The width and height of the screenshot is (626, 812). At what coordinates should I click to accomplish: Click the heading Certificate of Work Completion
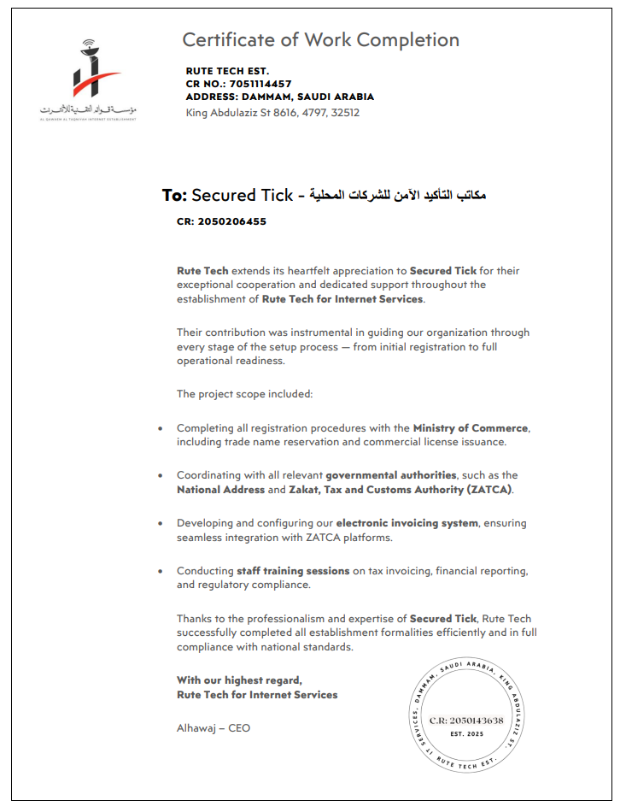320,40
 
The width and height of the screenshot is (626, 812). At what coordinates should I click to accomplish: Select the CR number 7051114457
260,84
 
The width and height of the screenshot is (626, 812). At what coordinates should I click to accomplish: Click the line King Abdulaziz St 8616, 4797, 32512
272,112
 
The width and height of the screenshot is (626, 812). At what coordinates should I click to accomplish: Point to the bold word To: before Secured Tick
174,196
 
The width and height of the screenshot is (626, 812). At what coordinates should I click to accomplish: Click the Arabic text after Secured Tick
401,196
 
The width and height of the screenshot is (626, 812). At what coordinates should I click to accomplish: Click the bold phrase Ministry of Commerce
471,427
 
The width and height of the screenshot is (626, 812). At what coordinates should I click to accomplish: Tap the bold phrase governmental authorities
391,475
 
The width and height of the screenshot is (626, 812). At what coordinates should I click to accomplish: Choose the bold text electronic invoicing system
407,523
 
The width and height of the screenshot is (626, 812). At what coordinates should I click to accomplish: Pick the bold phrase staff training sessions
293,571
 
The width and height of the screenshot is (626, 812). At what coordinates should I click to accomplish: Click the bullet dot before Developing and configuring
161,523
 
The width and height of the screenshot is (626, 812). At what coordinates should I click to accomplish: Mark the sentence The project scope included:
245,394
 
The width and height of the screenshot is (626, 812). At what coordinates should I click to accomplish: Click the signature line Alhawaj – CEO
214,728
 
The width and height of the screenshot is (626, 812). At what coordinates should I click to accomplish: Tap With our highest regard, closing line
239,680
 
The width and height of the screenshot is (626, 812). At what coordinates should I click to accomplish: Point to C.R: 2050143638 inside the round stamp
466,721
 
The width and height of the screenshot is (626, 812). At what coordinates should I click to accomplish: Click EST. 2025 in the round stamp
466,734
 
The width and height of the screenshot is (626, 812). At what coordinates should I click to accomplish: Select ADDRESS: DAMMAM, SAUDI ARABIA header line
279,97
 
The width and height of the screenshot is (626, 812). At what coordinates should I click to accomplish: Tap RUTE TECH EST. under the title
227,70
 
